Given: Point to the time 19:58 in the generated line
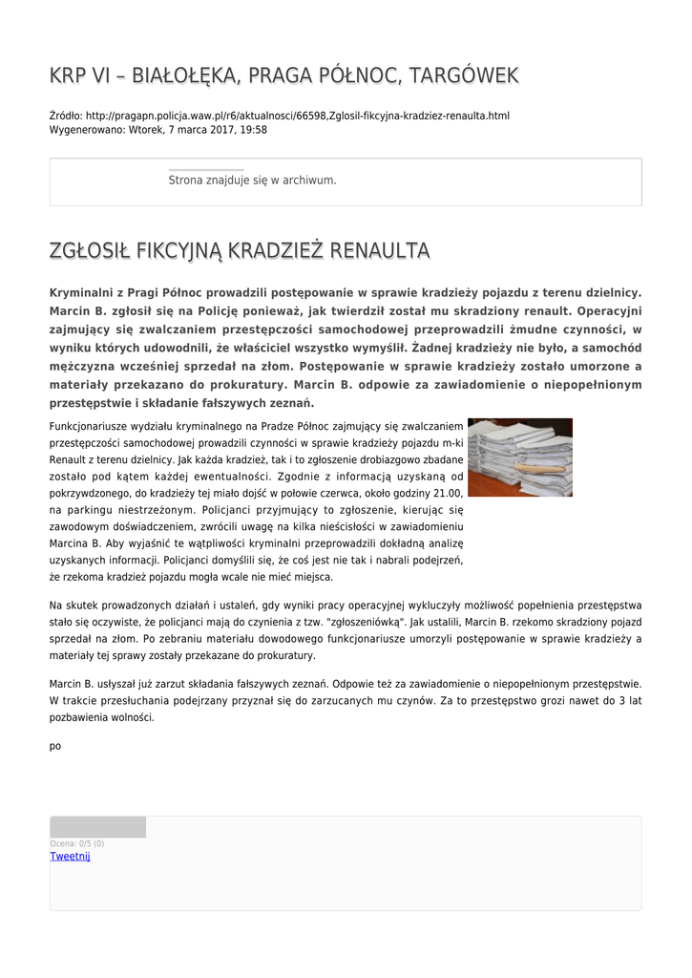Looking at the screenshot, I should [x=254, y=129].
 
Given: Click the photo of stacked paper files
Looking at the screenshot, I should [x=519, y=457].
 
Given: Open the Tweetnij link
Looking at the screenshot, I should [x=70, y=857].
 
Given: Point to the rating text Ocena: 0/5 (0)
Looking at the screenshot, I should [x=77, y=843].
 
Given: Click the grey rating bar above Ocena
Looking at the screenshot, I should [x=97, y=827].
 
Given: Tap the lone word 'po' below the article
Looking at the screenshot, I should [x=54, y=746].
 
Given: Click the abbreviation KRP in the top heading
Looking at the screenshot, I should [x=66, y=75].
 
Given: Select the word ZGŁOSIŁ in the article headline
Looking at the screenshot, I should [x=86, y=251].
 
